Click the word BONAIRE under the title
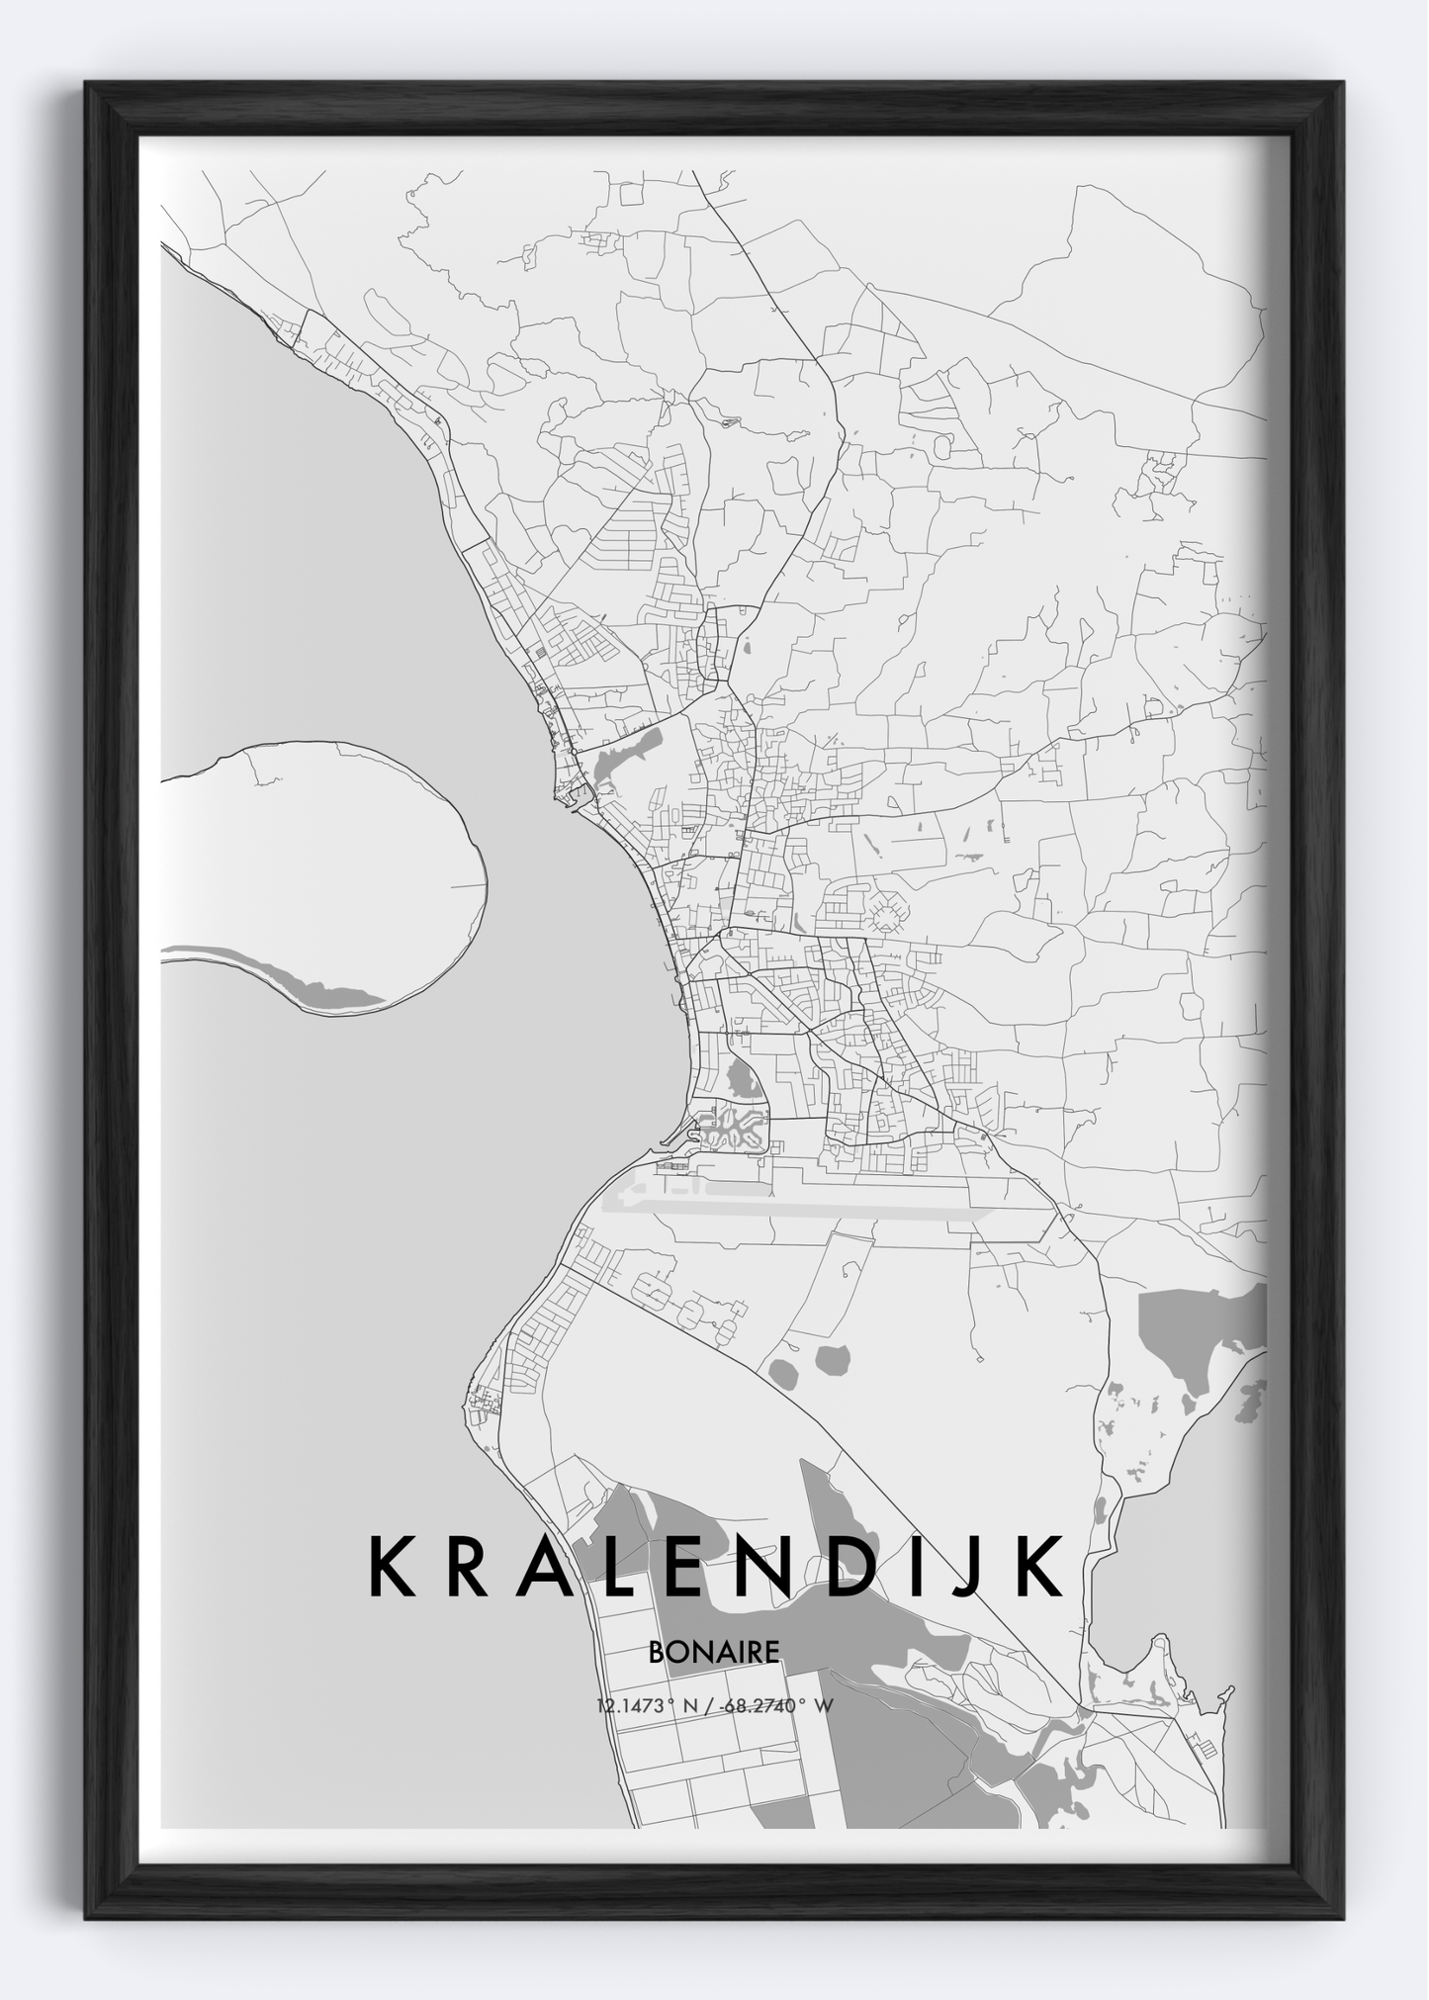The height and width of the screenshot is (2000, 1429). [x=714, y=1651]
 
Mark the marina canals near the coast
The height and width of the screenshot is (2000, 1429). [x=732, y=1128]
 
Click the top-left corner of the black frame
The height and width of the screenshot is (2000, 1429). [x=87, y=83]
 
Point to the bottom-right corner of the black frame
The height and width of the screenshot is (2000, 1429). [x=1342, y=1917]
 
